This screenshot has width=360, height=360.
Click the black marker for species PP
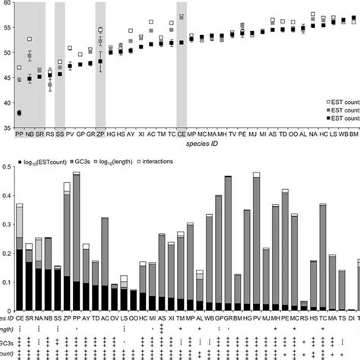19,112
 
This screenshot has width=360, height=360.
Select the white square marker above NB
30,39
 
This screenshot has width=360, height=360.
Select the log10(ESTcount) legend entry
38,161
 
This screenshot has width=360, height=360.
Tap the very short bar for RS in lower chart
304,304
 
